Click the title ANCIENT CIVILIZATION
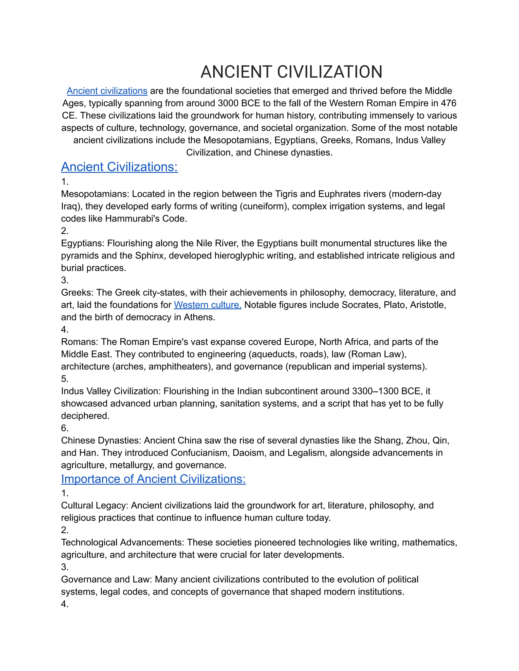click(291, 72)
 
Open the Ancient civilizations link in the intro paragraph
click(107, 91)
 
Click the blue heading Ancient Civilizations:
click(119, 167)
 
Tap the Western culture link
click(208, 305)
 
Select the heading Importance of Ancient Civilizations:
click(153, 479)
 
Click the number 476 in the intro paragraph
click(449, 103)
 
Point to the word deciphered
click(85, 416)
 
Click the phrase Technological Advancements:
click(122, 542)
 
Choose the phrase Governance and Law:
click(106, 579)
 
